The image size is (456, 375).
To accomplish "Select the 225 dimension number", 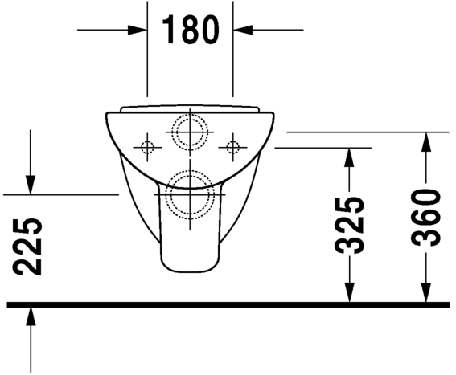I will click(x=30, y=246).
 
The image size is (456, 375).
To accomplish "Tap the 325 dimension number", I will click(x=351, y=225).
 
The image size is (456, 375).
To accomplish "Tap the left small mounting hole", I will click(x=146, y=146).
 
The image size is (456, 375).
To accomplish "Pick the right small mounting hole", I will click(x=233, y=146).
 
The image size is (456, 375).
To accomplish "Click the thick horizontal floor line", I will click(x=228, y=304).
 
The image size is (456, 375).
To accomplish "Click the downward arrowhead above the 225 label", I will click(x=30, y=185).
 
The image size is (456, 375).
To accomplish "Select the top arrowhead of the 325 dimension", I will click(x=350, y=157).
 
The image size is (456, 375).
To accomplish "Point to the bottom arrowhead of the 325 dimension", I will click(x=350, y=294).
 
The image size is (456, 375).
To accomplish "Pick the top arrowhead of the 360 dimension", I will click(x=426, y=141).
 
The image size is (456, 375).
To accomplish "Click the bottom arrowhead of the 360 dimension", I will click(x=426, y=294).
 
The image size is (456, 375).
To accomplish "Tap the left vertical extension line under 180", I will click(x=147, y=64).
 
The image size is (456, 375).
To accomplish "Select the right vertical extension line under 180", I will click(x=233, y=64).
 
